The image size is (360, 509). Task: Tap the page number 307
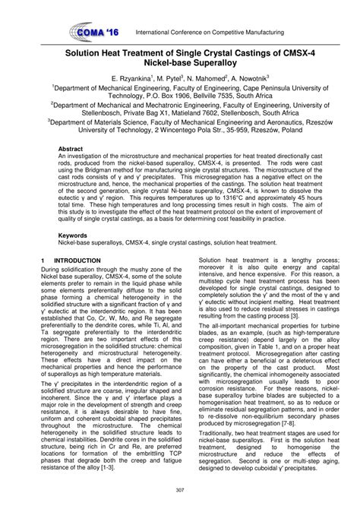(x=180, y=488)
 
